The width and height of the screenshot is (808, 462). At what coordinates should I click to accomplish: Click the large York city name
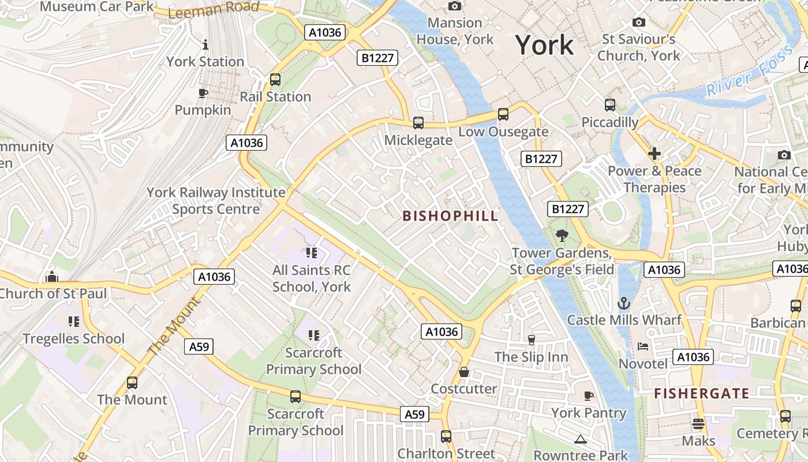[x=544, y=45]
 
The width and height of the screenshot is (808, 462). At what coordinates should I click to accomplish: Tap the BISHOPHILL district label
[x=450, y=216]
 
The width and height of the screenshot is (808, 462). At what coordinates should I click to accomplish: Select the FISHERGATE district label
[x=701, y=394]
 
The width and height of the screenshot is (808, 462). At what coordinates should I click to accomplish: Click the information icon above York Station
[x=205, y=44]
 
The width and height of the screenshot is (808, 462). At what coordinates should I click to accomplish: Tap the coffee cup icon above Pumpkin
[x=203, y=93]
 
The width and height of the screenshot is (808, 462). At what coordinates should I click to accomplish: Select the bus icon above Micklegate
[x=418, y=123]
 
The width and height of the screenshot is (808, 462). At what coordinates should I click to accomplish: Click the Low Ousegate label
[x=503, y=132]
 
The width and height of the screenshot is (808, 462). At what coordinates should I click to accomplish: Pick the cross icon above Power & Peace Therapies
[x=654, y=154]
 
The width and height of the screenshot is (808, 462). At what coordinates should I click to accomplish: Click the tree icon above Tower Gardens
[x=561, y=236]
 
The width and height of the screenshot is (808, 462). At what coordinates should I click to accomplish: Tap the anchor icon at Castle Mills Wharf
[x=624, y=303]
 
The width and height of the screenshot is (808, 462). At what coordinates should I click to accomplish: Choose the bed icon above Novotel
[x=642, y=346]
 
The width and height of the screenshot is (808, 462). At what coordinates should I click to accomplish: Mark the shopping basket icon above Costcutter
[x=464, y=372]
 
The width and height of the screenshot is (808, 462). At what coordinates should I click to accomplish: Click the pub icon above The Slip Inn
[x=532, y=340]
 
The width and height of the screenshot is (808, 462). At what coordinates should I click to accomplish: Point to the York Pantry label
[x=588, y=412]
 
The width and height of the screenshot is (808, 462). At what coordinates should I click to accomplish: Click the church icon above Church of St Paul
[x=52, y=277]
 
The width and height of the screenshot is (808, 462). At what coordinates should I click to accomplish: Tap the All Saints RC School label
[x=312, y=278]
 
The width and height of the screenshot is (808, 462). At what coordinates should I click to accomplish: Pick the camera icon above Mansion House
[x=455, y=6]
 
